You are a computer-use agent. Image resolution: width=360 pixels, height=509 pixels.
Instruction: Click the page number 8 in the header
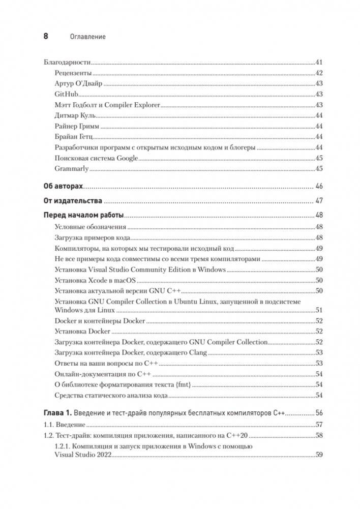pyautogui.click(x=45, y=36)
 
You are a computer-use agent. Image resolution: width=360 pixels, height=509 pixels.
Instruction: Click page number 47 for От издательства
pyautogui.click(x=319, y=200)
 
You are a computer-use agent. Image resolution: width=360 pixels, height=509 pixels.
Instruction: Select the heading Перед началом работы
pyautogui.click(x=83, y=215)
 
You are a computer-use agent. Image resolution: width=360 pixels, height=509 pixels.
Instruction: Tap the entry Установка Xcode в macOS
pyautogui.click(x=95, y=280)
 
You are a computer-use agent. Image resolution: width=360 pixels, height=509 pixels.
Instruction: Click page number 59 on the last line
pyautogui.click(x=319, y=454)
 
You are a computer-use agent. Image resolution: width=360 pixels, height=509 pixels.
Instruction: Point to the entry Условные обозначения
pyautogui.click(x=90, y=227)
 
